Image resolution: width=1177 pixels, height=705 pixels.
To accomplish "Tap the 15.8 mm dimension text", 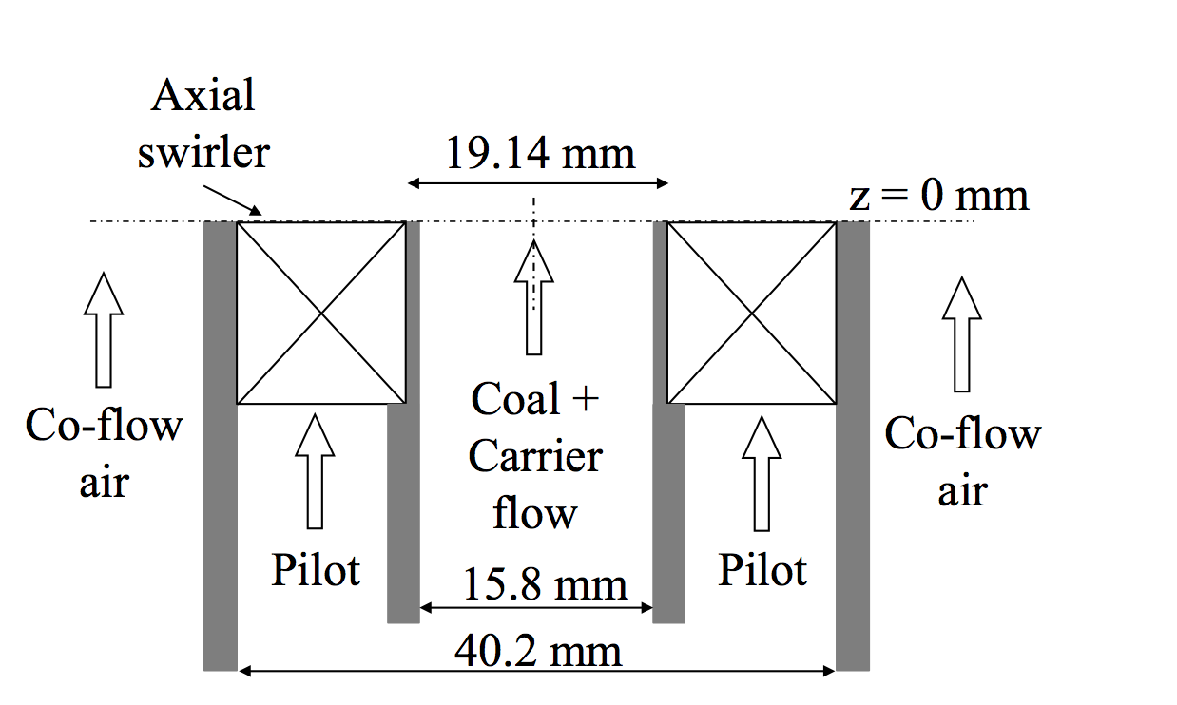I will click(545, 585).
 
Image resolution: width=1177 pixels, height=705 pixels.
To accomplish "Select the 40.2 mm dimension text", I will click(538, 652).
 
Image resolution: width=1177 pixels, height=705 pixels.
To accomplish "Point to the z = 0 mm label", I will click(938, 196).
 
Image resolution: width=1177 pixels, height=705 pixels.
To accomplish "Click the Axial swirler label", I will click(203, 124).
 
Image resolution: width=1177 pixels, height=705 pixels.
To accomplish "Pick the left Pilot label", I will click(317, 570).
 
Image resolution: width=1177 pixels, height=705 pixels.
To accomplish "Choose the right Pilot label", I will click(762, 570).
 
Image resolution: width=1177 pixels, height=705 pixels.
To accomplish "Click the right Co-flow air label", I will click(963, 463).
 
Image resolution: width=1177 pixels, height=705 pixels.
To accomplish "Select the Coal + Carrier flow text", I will click(535, 457).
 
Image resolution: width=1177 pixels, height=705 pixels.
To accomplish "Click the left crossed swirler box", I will click(321, 313).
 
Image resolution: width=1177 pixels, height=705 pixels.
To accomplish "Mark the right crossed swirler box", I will click(752, 313).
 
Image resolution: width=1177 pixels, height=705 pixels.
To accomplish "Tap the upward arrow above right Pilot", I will click(760, 474).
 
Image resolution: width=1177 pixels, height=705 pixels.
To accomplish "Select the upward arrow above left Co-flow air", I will click(103, 329).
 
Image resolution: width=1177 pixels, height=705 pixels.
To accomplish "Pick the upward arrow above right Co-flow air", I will click(962, 333).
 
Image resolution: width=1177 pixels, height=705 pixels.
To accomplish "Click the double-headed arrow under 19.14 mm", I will click(538, 182).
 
